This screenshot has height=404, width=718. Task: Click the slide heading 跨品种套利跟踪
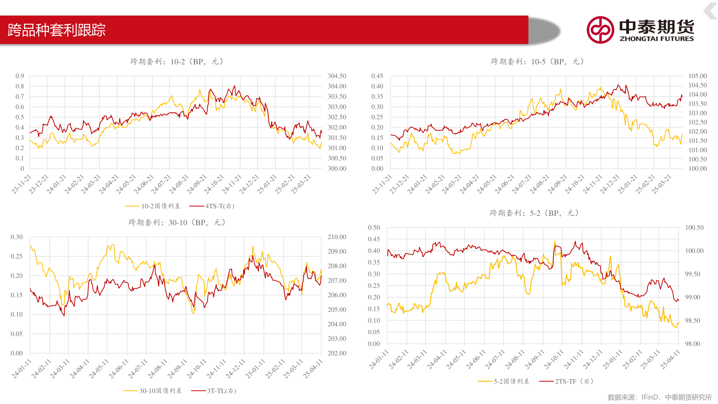56,30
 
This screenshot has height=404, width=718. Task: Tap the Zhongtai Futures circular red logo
600,30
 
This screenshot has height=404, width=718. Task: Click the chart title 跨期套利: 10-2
177,62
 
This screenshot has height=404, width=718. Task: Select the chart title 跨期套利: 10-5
538,62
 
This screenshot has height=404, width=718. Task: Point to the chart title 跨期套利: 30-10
177,223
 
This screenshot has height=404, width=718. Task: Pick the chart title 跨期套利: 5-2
534,213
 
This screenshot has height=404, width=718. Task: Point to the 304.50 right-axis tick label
337,76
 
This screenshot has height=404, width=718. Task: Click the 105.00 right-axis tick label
697,76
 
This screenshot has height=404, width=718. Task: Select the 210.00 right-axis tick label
337,237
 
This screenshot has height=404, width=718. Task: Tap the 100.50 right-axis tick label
694,227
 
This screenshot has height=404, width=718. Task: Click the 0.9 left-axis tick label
20,76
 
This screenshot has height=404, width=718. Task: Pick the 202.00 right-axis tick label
337,353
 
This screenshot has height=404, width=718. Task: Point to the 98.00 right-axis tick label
692,344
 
